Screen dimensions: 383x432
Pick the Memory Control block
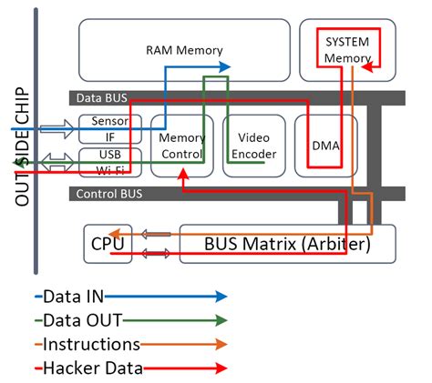pyautogui.click(x=181, y=146)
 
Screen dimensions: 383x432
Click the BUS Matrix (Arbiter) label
pyautogui.click(x=286, y=243)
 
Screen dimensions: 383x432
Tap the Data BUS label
pyautogui.click(x=100, y=97)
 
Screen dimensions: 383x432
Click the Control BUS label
pyautogui.click(x=108, y=193)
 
